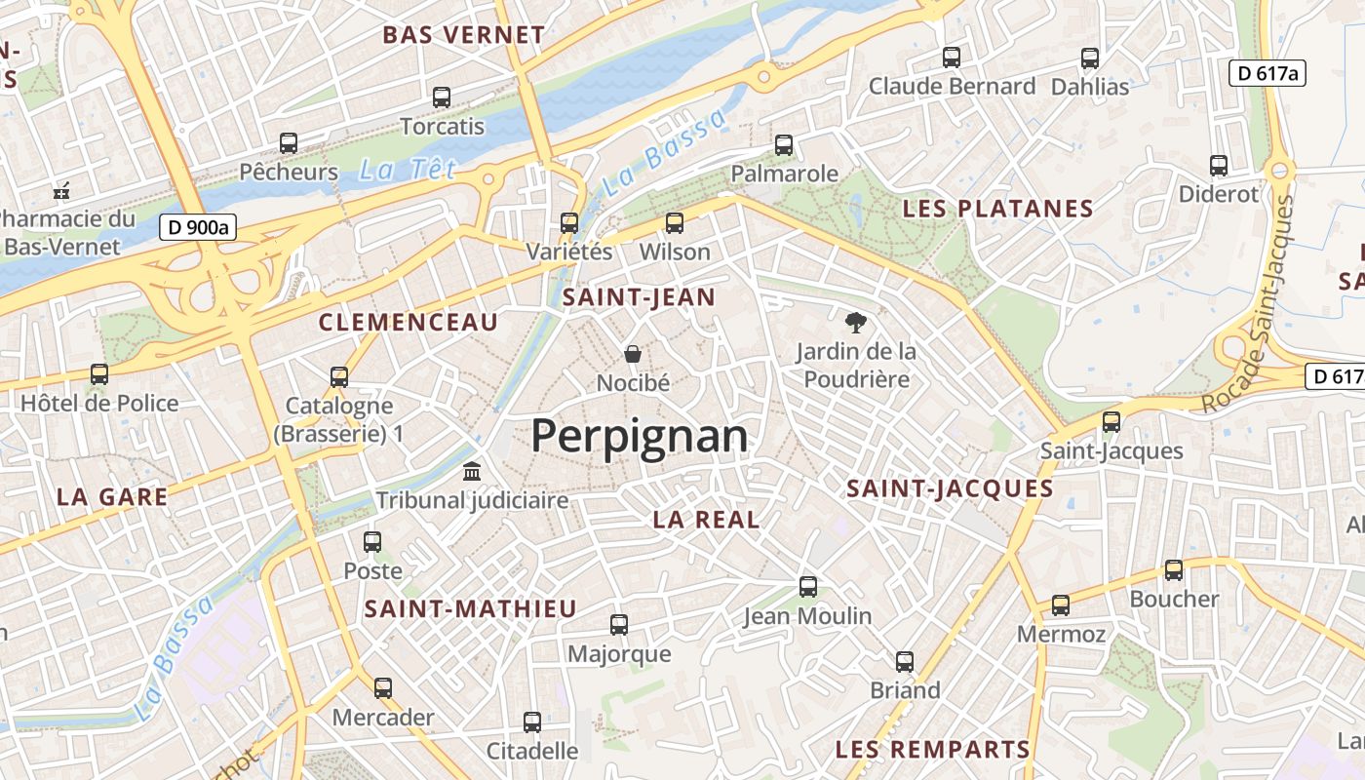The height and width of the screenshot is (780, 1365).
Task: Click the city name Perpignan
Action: tap(640, 437)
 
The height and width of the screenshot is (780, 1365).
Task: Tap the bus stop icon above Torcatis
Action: tap(442, 97)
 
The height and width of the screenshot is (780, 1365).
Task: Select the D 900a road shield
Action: tap(199, 228)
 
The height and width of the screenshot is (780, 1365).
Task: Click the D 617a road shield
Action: tap(1267, 73)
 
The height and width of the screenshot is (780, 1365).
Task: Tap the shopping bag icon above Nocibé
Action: tap(633, 353)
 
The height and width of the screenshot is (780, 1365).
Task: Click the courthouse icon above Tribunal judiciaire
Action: tap(472, 471)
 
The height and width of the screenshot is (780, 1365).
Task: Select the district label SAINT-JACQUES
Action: tap(950, 488)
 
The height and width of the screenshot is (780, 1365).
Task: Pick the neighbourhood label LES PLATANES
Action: tap(997, 209)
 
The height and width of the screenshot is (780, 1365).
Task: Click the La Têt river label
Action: tap(407, 171)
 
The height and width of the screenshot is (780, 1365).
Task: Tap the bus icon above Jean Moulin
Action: tap(807, 586)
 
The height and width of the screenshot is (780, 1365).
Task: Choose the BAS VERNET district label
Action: tap(463, 35)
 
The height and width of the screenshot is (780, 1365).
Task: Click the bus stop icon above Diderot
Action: tap(1218, 165)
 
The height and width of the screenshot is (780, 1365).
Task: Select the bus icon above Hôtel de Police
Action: tap(98, 373)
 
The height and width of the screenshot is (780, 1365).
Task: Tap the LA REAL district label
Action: tap(706, 520)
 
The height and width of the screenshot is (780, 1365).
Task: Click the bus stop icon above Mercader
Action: tap(383, 687)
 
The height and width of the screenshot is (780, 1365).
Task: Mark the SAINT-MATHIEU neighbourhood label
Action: tap(471, 609)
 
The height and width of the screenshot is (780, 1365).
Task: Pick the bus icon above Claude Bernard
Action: tap(951, 58)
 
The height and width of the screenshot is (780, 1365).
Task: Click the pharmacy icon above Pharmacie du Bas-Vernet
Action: tap(61, 190)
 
